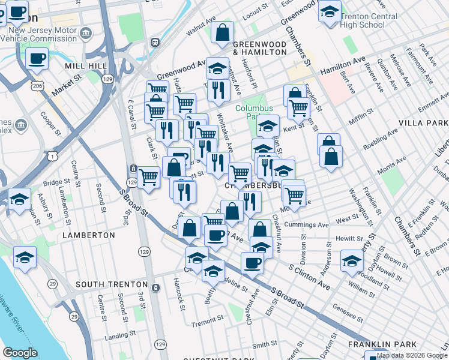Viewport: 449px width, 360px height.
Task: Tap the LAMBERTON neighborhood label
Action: pyautogui.click(x=88, y=235)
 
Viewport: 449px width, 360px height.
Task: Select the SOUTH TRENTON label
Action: pyautogui.click(x=112, y=284)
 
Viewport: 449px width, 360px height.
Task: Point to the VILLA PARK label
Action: pyautogui.click(x=423, y=122)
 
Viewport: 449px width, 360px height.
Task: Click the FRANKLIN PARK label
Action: pyautogui.click(x=376, y=344)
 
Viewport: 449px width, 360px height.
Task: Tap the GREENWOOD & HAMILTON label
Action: pyautogui.click(x=259, y=48)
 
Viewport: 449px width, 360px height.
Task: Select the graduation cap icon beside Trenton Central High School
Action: pyautogui.click(x=329, y=13)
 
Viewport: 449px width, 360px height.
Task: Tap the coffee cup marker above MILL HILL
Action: pyautogui.click(x=37, y=59)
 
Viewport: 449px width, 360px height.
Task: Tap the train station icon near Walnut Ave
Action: pyautogui.click(x=155, y=43)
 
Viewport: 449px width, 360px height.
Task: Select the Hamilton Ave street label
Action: pyautogui.click(x=343, y=67)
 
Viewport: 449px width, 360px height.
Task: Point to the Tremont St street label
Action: pyautogui.click(x=207, y=324)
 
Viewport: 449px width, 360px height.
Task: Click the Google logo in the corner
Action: pyautogui.click(x=20, y=353)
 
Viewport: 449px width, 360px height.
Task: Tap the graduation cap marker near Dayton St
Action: pyautogui.click(x=352, y=260)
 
